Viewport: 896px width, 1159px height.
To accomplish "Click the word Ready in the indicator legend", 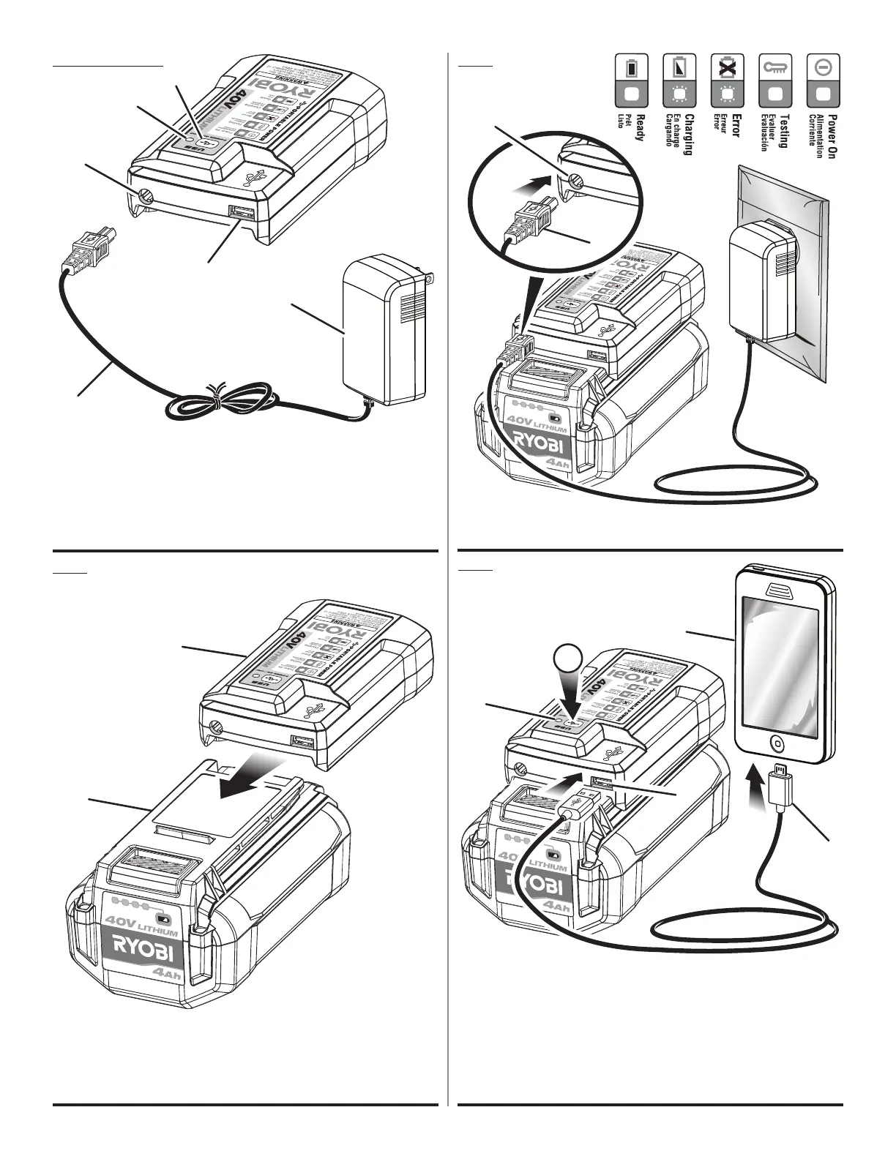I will [640, 127].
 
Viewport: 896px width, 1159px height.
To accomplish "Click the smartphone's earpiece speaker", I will [778, 590].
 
